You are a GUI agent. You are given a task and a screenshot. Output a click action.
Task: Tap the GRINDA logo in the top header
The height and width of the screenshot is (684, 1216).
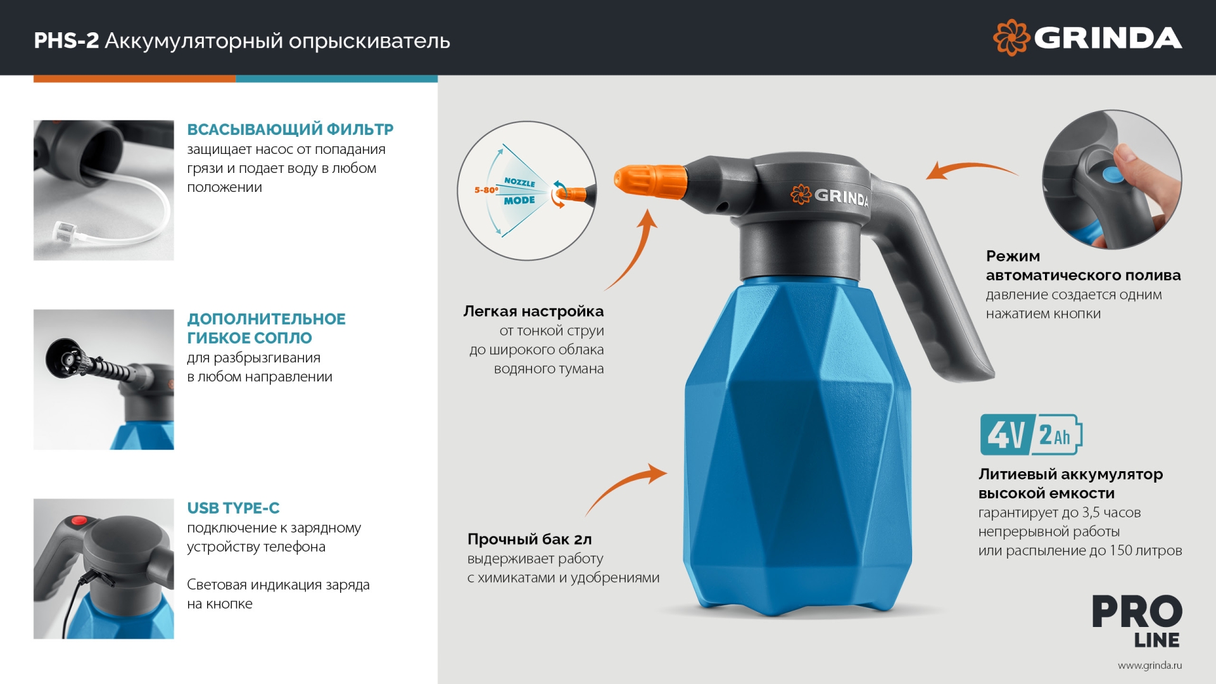tap(1087, 38)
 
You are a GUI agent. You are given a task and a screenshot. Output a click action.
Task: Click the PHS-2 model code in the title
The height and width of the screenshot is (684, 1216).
tap(66, 41)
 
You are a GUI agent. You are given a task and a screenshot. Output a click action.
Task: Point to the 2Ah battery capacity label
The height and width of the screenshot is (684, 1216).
tap(1055, 435)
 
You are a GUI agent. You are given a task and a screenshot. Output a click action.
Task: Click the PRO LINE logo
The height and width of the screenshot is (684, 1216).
tap(1137, 621)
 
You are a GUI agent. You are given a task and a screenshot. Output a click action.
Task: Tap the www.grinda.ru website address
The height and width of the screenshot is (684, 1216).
tap(1149, 666)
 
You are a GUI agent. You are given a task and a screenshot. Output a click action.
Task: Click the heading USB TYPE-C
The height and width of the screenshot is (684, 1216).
tap(233, 508)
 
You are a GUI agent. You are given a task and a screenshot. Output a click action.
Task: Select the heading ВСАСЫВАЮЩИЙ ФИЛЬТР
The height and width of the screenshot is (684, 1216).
tap(290, 130)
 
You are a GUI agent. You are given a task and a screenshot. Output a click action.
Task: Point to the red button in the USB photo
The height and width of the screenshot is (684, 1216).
tap(79, 521)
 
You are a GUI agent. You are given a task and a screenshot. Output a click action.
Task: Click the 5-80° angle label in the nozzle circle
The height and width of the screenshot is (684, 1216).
tap(486, 190)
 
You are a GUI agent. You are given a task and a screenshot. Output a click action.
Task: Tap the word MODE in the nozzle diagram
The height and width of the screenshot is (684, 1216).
tap(519, 201)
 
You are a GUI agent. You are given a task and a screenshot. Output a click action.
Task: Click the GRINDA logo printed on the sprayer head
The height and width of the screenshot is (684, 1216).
tap(830, 196)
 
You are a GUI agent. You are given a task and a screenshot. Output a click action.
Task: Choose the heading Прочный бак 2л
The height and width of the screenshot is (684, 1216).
tap(529, 540)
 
